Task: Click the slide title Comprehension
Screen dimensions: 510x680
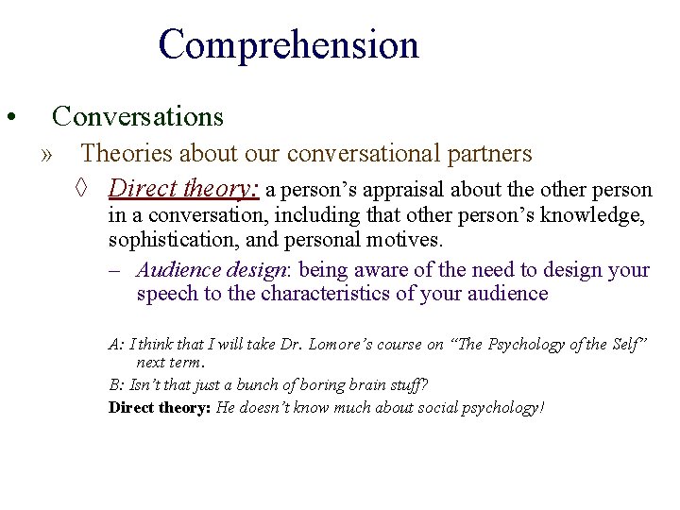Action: pos(288,45)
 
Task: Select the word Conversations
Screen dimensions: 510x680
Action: pos(138,116)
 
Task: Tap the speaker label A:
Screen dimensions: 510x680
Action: pos(116,346)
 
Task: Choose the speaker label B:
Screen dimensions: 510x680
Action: pos(116,384)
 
